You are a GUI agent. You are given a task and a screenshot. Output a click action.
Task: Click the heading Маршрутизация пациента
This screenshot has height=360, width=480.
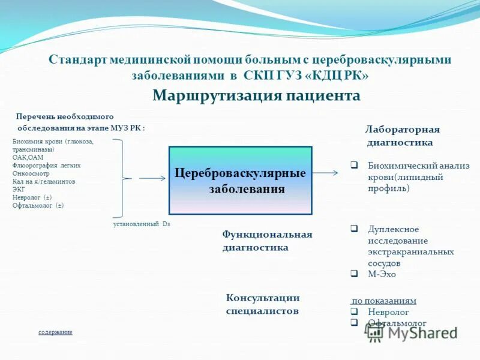pos(256,96)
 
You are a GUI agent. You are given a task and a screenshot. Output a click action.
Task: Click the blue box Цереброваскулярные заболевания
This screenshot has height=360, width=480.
pos(240,181)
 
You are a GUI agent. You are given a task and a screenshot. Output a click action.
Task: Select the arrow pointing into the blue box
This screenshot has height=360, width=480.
pos(152,178)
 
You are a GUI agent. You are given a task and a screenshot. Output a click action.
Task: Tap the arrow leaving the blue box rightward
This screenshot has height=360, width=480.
pos(325,173)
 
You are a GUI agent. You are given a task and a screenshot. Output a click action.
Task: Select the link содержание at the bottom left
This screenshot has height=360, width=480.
pos(55,332)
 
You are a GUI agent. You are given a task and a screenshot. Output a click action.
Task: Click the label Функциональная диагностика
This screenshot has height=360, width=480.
pos(267,241)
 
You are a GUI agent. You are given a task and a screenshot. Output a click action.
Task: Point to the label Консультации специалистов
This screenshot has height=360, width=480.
pos(263,304)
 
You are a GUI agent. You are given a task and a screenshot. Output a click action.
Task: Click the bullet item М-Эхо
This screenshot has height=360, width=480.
pos(382,274)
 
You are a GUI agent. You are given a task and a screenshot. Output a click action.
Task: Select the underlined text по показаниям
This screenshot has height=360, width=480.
pos(384,301)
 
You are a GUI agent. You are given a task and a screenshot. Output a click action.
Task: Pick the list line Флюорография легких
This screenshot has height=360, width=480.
pos(46,165)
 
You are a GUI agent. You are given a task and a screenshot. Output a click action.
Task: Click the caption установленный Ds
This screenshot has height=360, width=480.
pos(142,224)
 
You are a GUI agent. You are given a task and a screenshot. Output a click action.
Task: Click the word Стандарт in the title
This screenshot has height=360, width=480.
pos(74,60)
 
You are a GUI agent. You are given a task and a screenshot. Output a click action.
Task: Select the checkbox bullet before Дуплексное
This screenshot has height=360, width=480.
pos(354,229)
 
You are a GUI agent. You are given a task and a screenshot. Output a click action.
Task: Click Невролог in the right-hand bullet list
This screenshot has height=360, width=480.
pos(388,312)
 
